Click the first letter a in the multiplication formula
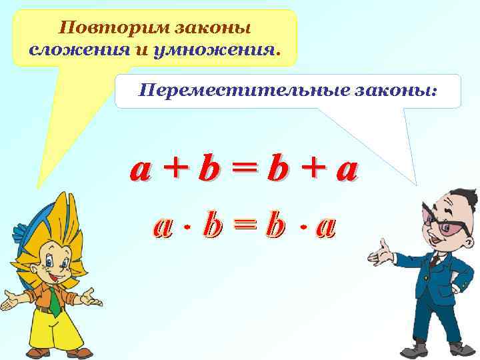click(x=163, y=227)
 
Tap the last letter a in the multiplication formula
click(x=325, y=227)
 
